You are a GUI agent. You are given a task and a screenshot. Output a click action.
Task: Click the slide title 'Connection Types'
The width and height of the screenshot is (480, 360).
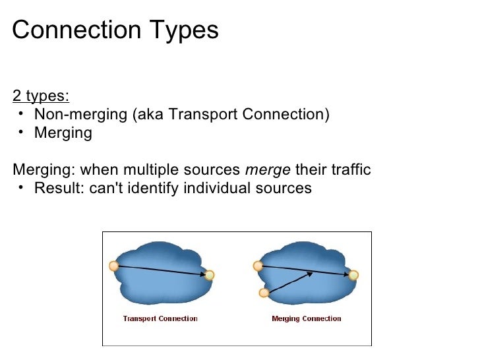click(115, 30)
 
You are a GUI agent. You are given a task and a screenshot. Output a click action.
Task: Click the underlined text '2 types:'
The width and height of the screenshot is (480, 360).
click(40, 96)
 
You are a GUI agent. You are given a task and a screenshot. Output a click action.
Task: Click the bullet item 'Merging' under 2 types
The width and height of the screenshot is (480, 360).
click(63, 133)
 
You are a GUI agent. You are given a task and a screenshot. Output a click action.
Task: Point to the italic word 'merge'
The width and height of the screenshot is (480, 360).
click(268, 170)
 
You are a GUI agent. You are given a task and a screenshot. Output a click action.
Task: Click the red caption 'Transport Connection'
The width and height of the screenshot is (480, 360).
click(160, 319)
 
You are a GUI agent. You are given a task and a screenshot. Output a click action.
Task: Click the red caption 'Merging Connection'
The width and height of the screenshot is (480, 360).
click(307, 319)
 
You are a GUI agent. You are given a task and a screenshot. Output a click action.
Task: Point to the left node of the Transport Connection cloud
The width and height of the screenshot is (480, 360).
click(113, 266)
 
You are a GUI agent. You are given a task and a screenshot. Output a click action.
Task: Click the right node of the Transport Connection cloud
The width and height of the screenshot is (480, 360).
click(210, 275)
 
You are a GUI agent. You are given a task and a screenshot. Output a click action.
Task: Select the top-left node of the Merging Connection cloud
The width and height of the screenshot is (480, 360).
click(258, 266)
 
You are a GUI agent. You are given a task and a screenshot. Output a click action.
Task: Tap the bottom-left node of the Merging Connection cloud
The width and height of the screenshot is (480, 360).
click(264, 293)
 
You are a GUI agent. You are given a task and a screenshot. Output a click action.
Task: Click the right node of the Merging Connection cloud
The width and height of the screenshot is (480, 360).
click(353, 275)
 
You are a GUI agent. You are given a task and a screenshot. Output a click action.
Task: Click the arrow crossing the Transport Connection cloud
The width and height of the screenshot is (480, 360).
click(162, 270)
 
